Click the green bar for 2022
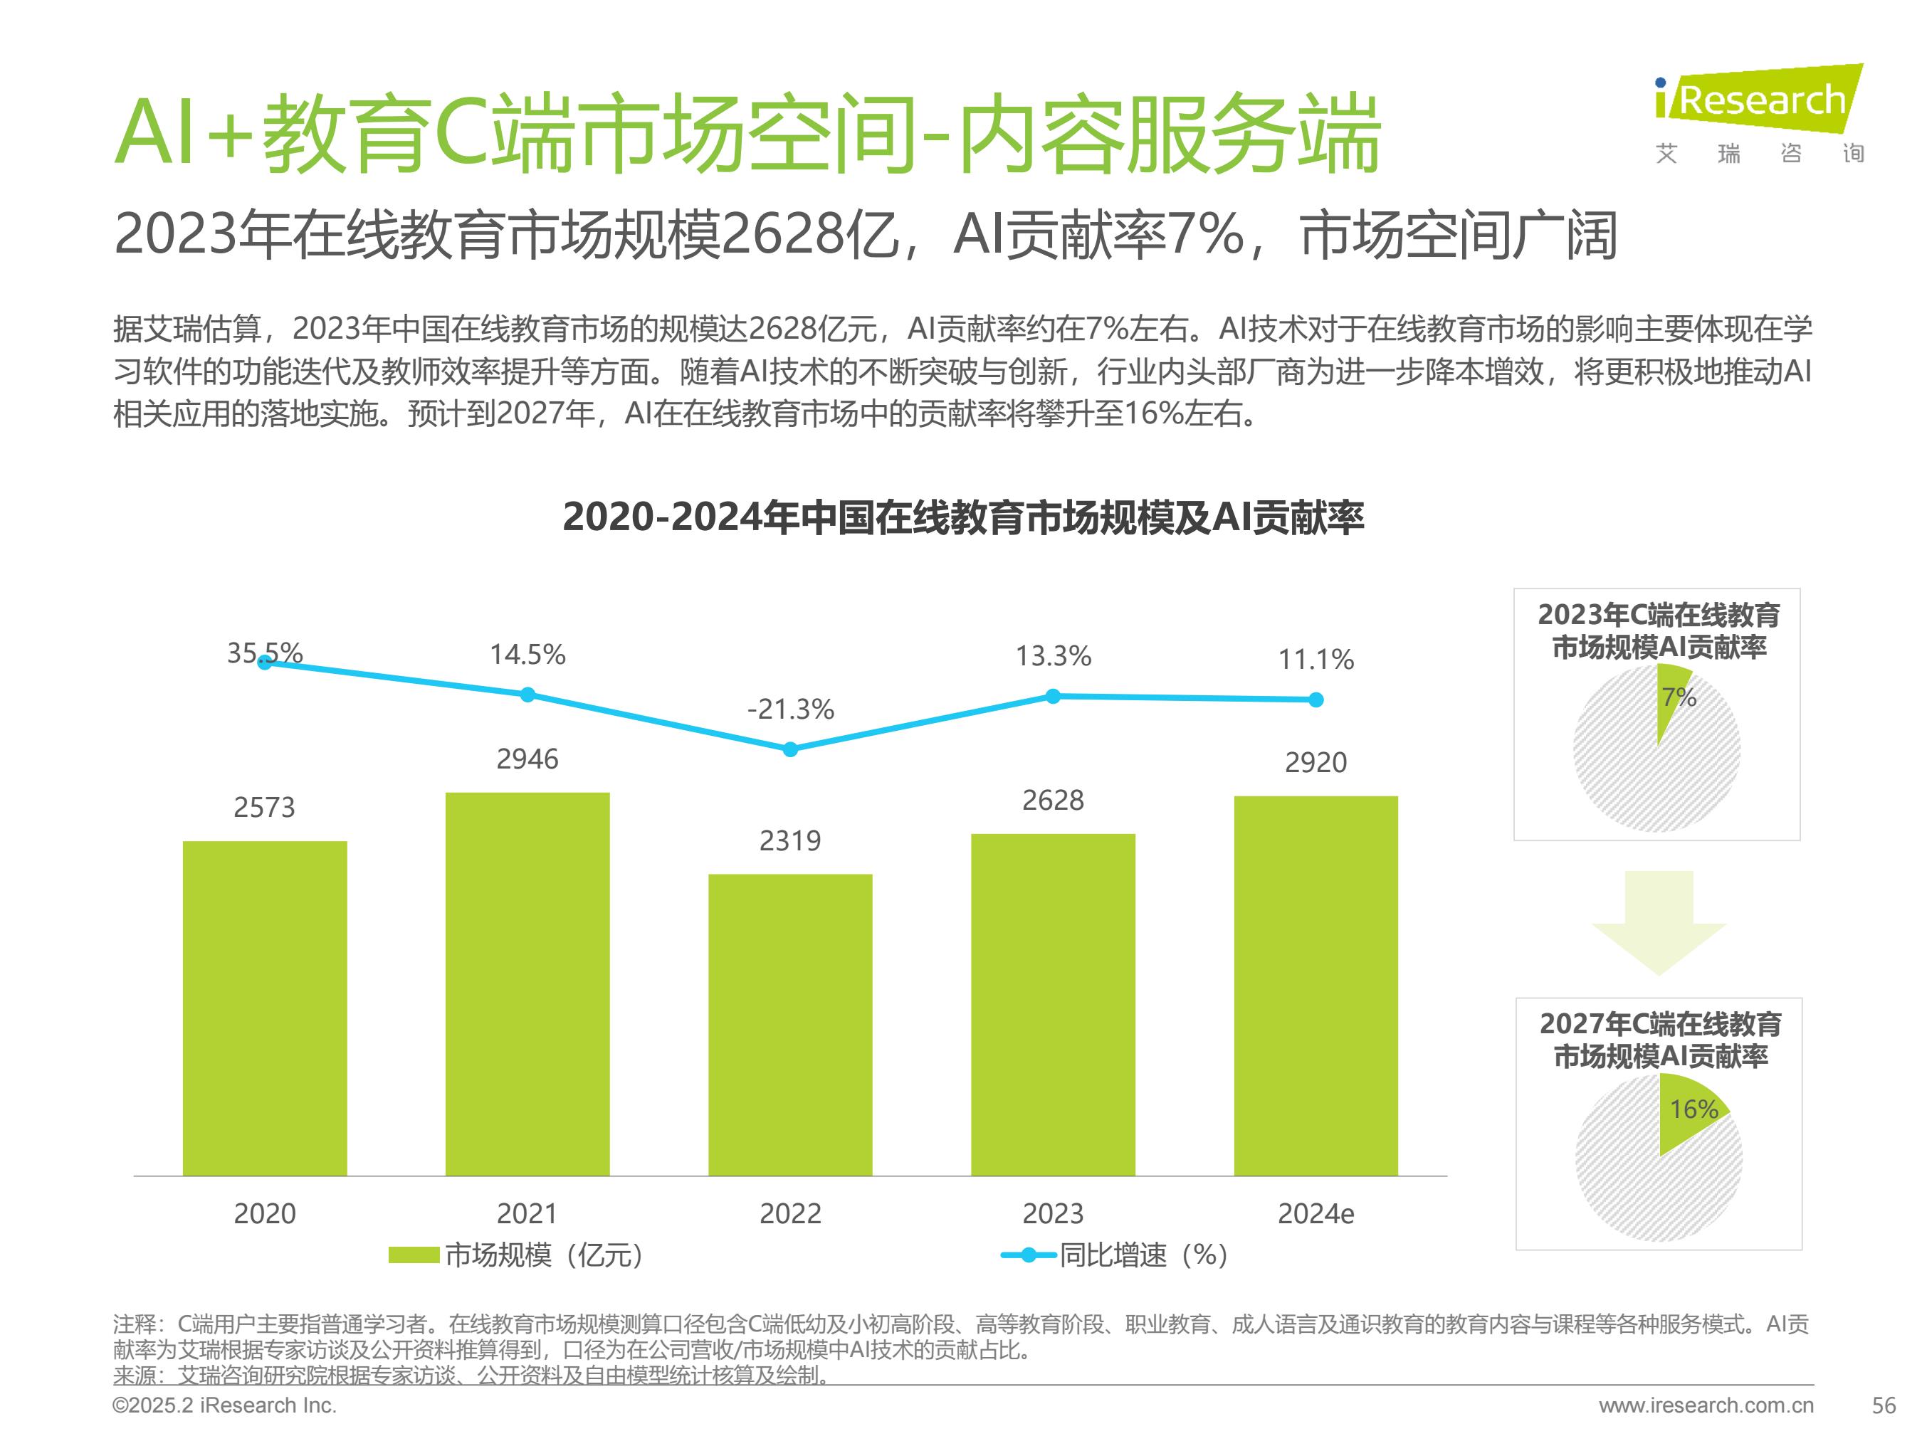pyautogui.click(x=790, y=1025)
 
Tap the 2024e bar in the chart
pyautogui.click(x=1316, y=986)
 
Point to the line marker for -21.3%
pyautogui.click(x=790, y=749)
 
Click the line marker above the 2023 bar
pyautogui.click(x=1053, y=696)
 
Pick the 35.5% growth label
pyautogui.click(x=264, y=653)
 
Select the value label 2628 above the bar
pyautogui.click(x=1053, y=800)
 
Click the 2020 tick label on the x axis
pyautogui.click(x=264, y=1213)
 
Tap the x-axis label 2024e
pyautogui.click(x=1316, y=1213)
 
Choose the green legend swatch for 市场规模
pyautogui.click(x=413, y=1255)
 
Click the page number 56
pyautogui.click(x=1884, y=1405)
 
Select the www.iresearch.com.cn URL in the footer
pyautogui.click(x=1706, y=1405)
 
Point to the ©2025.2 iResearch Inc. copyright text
pyautogui.click(x=224, y=1405)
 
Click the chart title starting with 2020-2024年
pyautogui.click(x=962, y=517)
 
